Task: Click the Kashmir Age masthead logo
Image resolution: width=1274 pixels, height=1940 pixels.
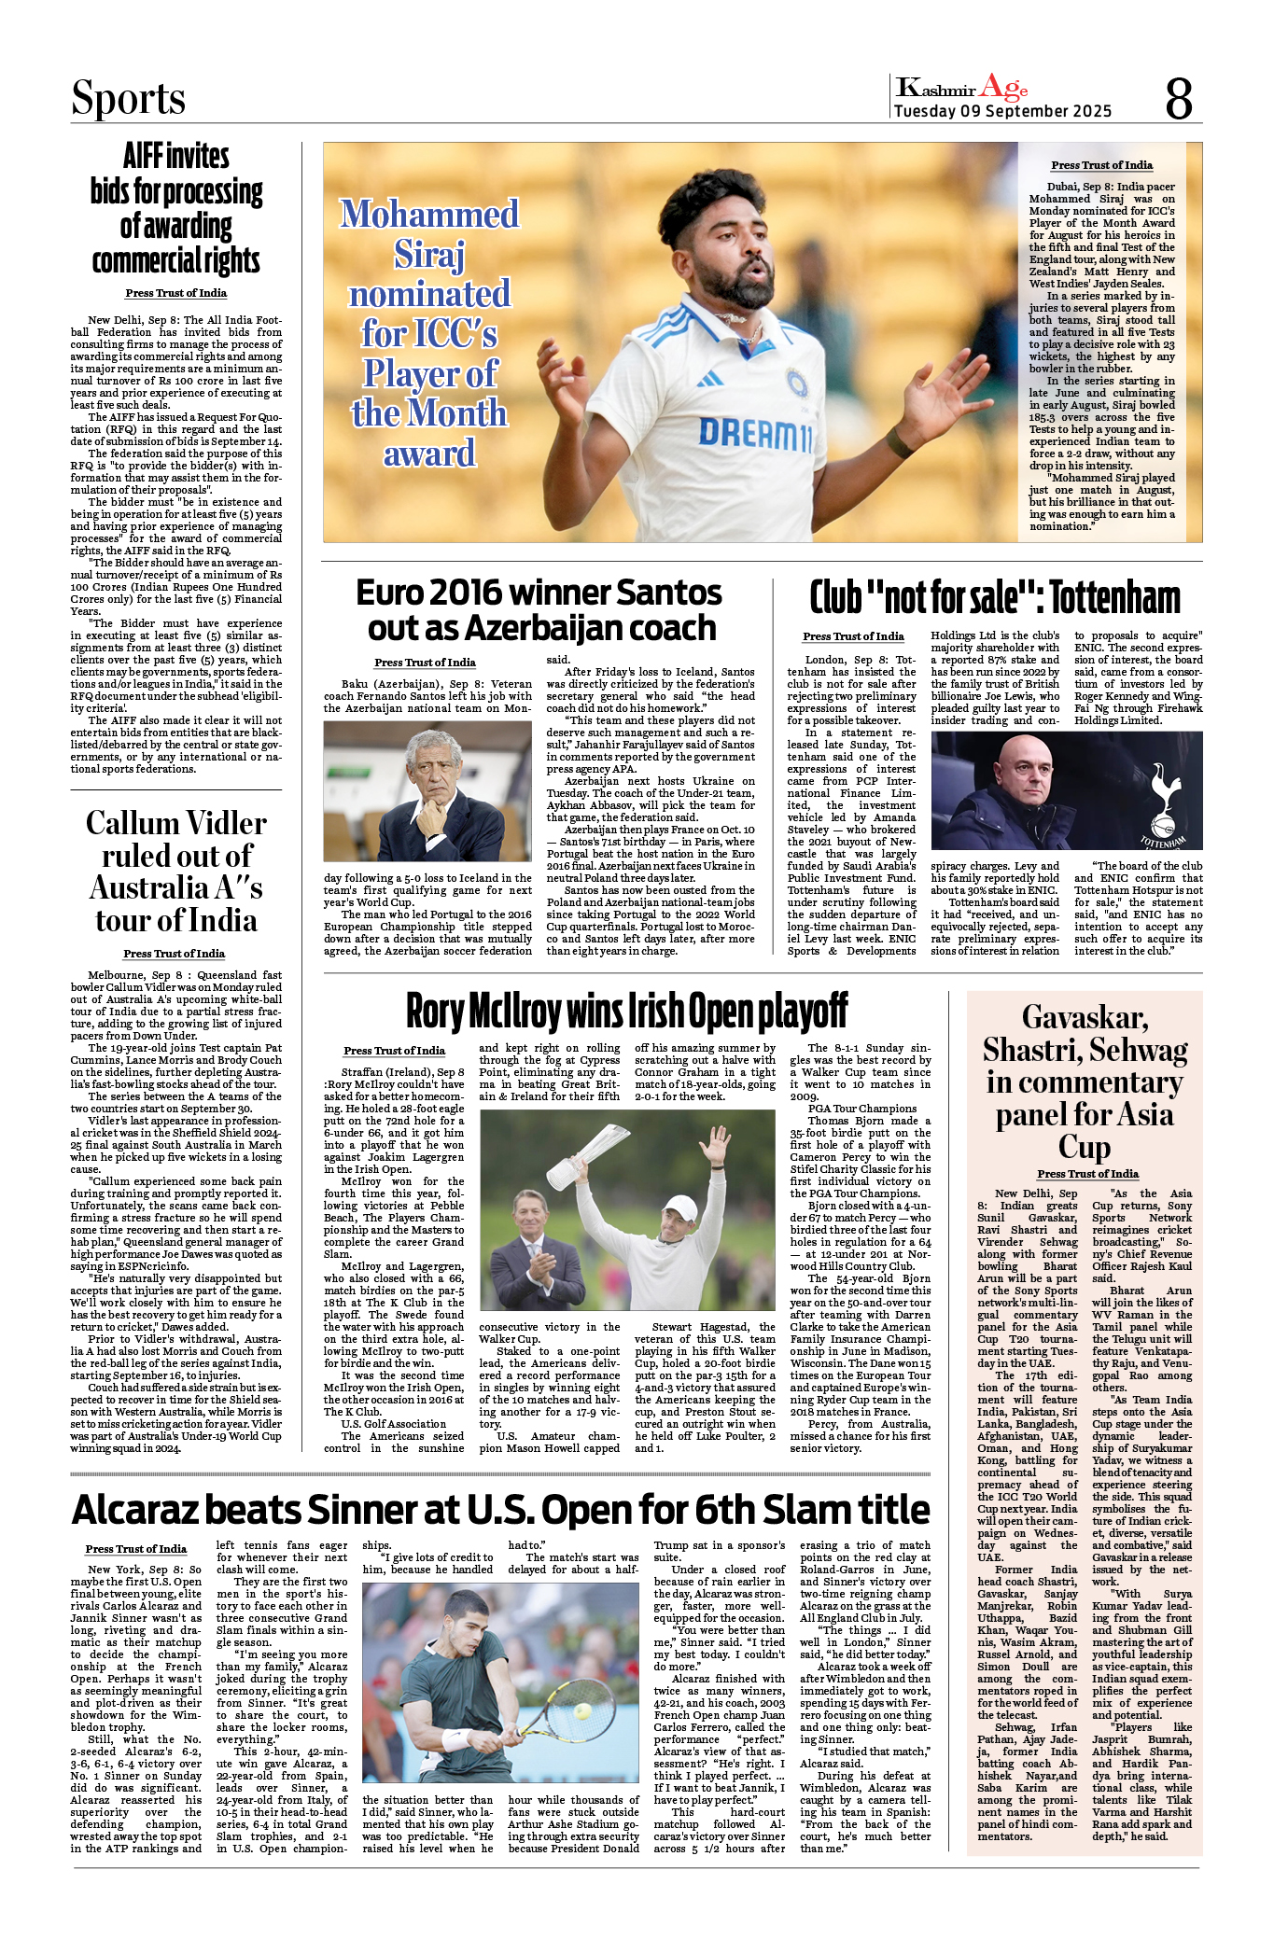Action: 961,88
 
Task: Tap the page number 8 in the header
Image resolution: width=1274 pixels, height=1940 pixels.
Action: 1179,98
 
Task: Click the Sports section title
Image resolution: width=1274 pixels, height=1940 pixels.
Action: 128,99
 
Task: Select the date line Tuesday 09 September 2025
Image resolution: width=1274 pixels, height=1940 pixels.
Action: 1002,111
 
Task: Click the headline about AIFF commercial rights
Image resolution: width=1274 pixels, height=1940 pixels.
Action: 176,208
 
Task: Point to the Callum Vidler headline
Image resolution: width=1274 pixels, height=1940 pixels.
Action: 176,871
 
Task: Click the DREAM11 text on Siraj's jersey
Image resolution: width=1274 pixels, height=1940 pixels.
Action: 755,434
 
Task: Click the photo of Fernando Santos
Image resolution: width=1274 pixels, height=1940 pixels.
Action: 427,791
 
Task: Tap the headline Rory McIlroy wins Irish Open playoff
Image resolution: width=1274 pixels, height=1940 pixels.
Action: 626,1011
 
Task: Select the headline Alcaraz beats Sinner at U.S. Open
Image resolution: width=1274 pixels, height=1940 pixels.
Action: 500,1509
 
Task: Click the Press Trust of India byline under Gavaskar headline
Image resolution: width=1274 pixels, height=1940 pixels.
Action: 1087,1174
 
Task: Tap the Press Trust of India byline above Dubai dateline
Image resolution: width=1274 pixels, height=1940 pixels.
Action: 1101,165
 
